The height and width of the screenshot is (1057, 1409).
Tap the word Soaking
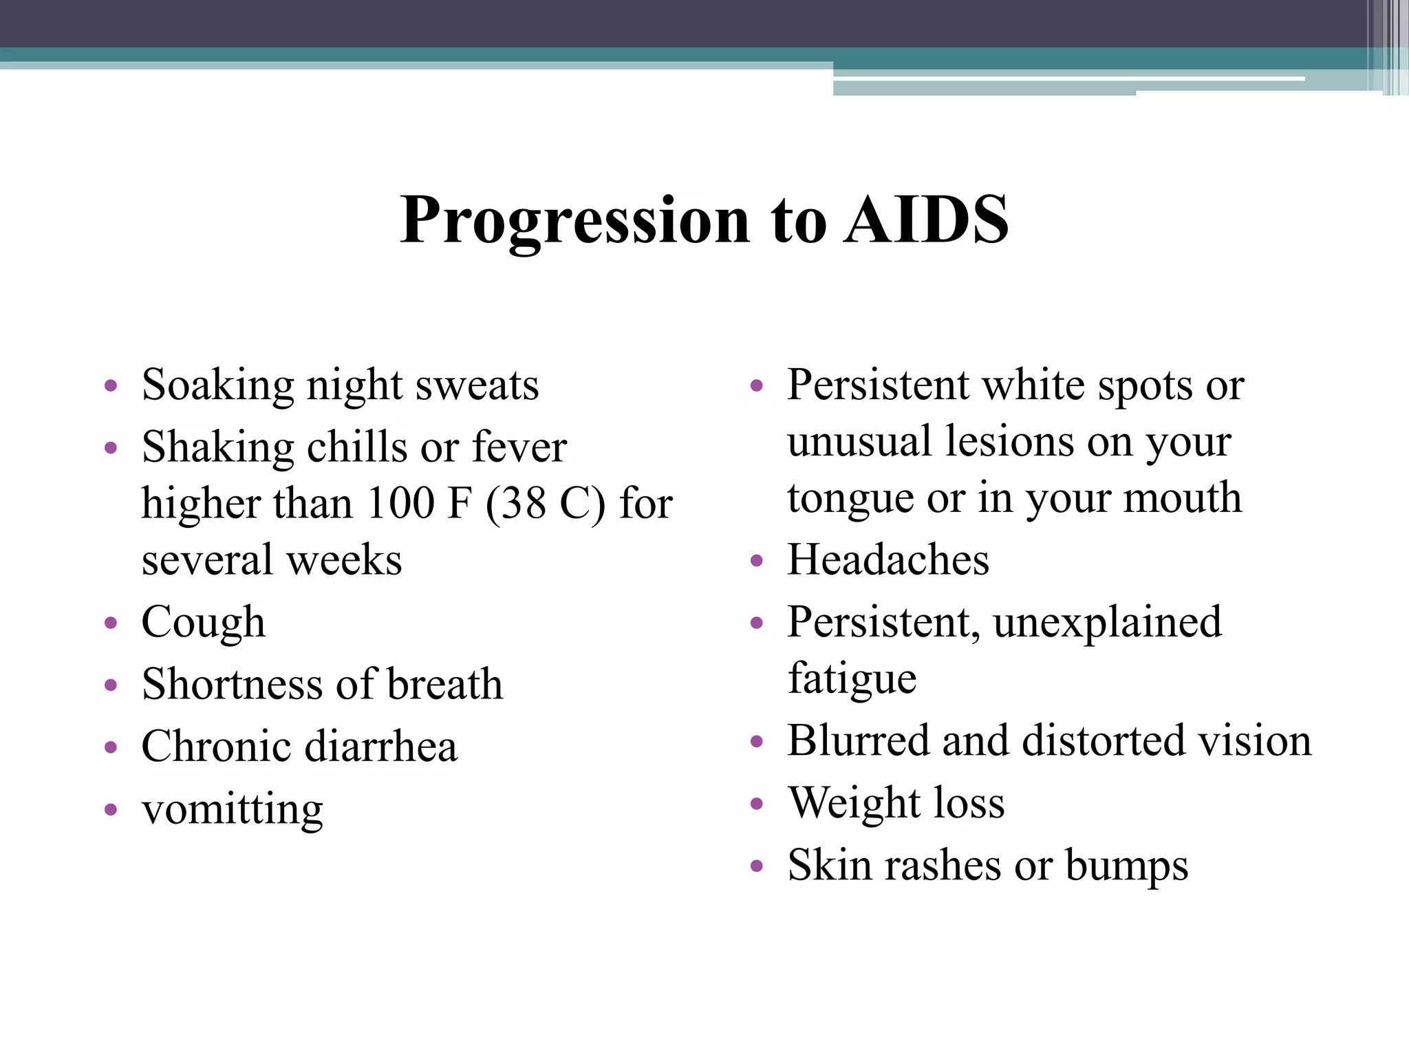(x=217, y=385)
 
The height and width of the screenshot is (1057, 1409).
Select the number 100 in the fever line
(x=400, y=503)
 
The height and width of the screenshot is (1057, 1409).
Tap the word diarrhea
(x=380, y=747)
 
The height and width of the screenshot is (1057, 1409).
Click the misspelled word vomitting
(x=232, y=810)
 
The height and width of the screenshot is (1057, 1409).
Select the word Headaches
(x=888, y=559)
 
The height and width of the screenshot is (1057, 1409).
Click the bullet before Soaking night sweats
(x=111, y=386)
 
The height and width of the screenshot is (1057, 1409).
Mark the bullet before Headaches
(x=757, y=561)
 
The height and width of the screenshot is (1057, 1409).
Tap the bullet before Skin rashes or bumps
(x=757, y=866)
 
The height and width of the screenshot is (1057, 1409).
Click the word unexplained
(x=1107, y=623)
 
